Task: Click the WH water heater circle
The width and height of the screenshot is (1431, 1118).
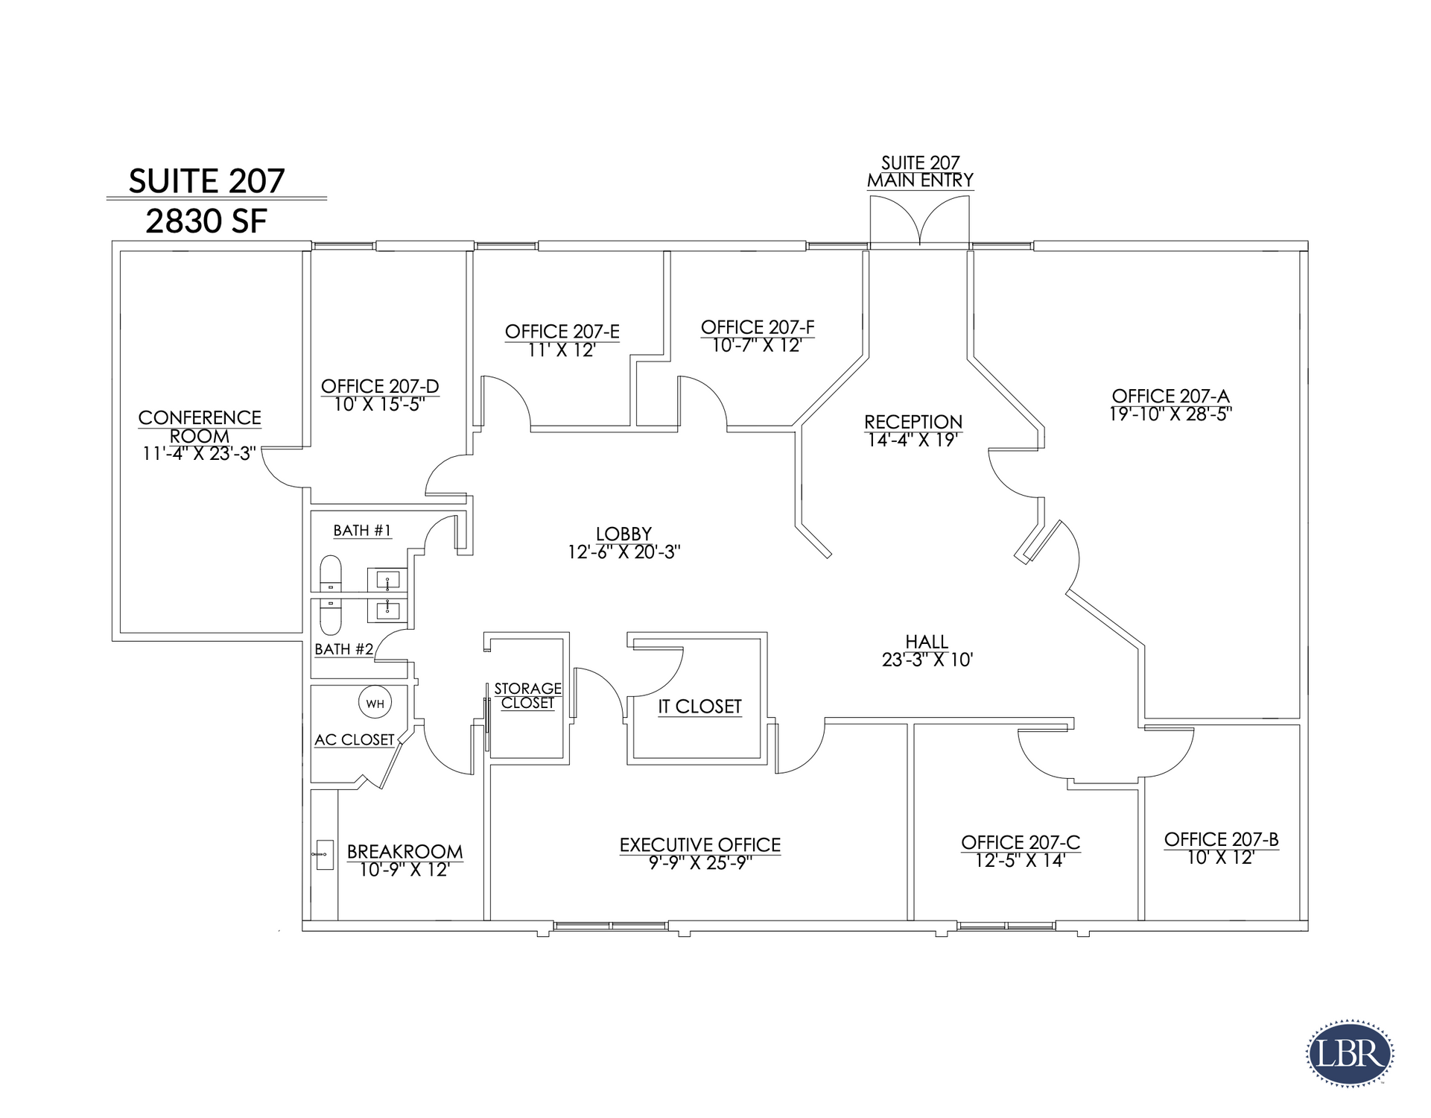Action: (x=375, y=702)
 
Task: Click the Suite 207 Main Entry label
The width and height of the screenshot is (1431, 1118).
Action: (x=920, y=171)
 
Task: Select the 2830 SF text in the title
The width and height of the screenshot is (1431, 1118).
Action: (x=206, y=221)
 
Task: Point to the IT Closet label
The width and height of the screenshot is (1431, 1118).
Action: (x=699, y=706)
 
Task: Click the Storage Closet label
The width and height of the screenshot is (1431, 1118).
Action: (x=527, y=695)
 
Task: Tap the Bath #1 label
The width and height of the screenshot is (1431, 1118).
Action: (x=362, y=531)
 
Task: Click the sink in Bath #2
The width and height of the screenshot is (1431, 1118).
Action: (x=387, y=610)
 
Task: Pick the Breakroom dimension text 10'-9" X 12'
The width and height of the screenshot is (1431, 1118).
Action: (x=404, y=870)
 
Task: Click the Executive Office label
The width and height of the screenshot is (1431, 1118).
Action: (x=700, y=844)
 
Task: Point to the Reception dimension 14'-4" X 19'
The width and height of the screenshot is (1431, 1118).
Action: (x=913, y=440)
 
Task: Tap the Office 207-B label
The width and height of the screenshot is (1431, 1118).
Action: (x=1222, y=840)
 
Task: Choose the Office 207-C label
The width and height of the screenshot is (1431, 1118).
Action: (x=1021, y=842)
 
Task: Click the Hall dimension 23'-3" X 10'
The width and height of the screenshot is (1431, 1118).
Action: (x=927, y=660)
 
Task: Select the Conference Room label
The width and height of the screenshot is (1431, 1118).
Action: (x=200, y=426)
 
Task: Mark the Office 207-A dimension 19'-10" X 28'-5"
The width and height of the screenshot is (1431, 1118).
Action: (x=1170, y=414)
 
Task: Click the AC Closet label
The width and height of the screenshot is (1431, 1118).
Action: (x=355, y=740)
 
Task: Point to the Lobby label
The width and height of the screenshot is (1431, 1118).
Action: (x=624, y=534)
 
